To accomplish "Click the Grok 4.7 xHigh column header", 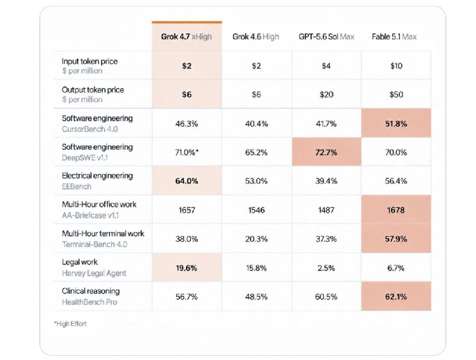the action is coord(187,37).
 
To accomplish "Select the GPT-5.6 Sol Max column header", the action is coord(326,37).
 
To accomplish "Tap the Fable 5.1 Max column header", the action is coord(394,37).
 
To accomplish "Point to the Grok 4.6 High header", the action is coord(256,37).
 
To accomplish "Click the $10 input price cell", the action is coord(396,66).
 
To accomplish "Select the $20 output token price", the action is coord(326,94).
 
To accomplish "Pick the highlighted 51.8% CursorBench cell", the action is coord(396,123).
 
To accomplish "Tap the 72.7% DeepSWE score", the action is coord(326,152).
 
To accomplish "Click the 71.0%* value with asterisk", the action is coord(187,152).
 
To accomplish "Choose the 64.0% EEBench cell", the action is coord(187,181).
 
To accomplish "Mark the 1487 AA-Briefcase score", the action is coord(326,210).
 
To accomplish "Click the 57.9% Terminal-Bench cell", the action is coord(396,239).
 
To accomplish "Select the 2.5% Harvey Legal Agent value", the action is coord(326,268).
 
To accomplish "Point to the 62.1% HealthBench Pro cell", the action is coord(396,296).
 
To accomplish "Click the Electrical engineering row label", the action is coord(97,176).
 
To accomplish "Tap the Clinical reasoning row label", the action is coord(91,291).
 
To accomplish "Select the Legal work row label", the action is coord(80,262).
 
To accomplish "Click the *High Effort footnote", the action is coord(70,324).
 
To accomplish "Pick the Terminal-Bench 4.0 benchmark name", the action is coord(94,244).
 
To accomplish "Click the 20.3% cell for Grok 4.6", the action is coord(257,239).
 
